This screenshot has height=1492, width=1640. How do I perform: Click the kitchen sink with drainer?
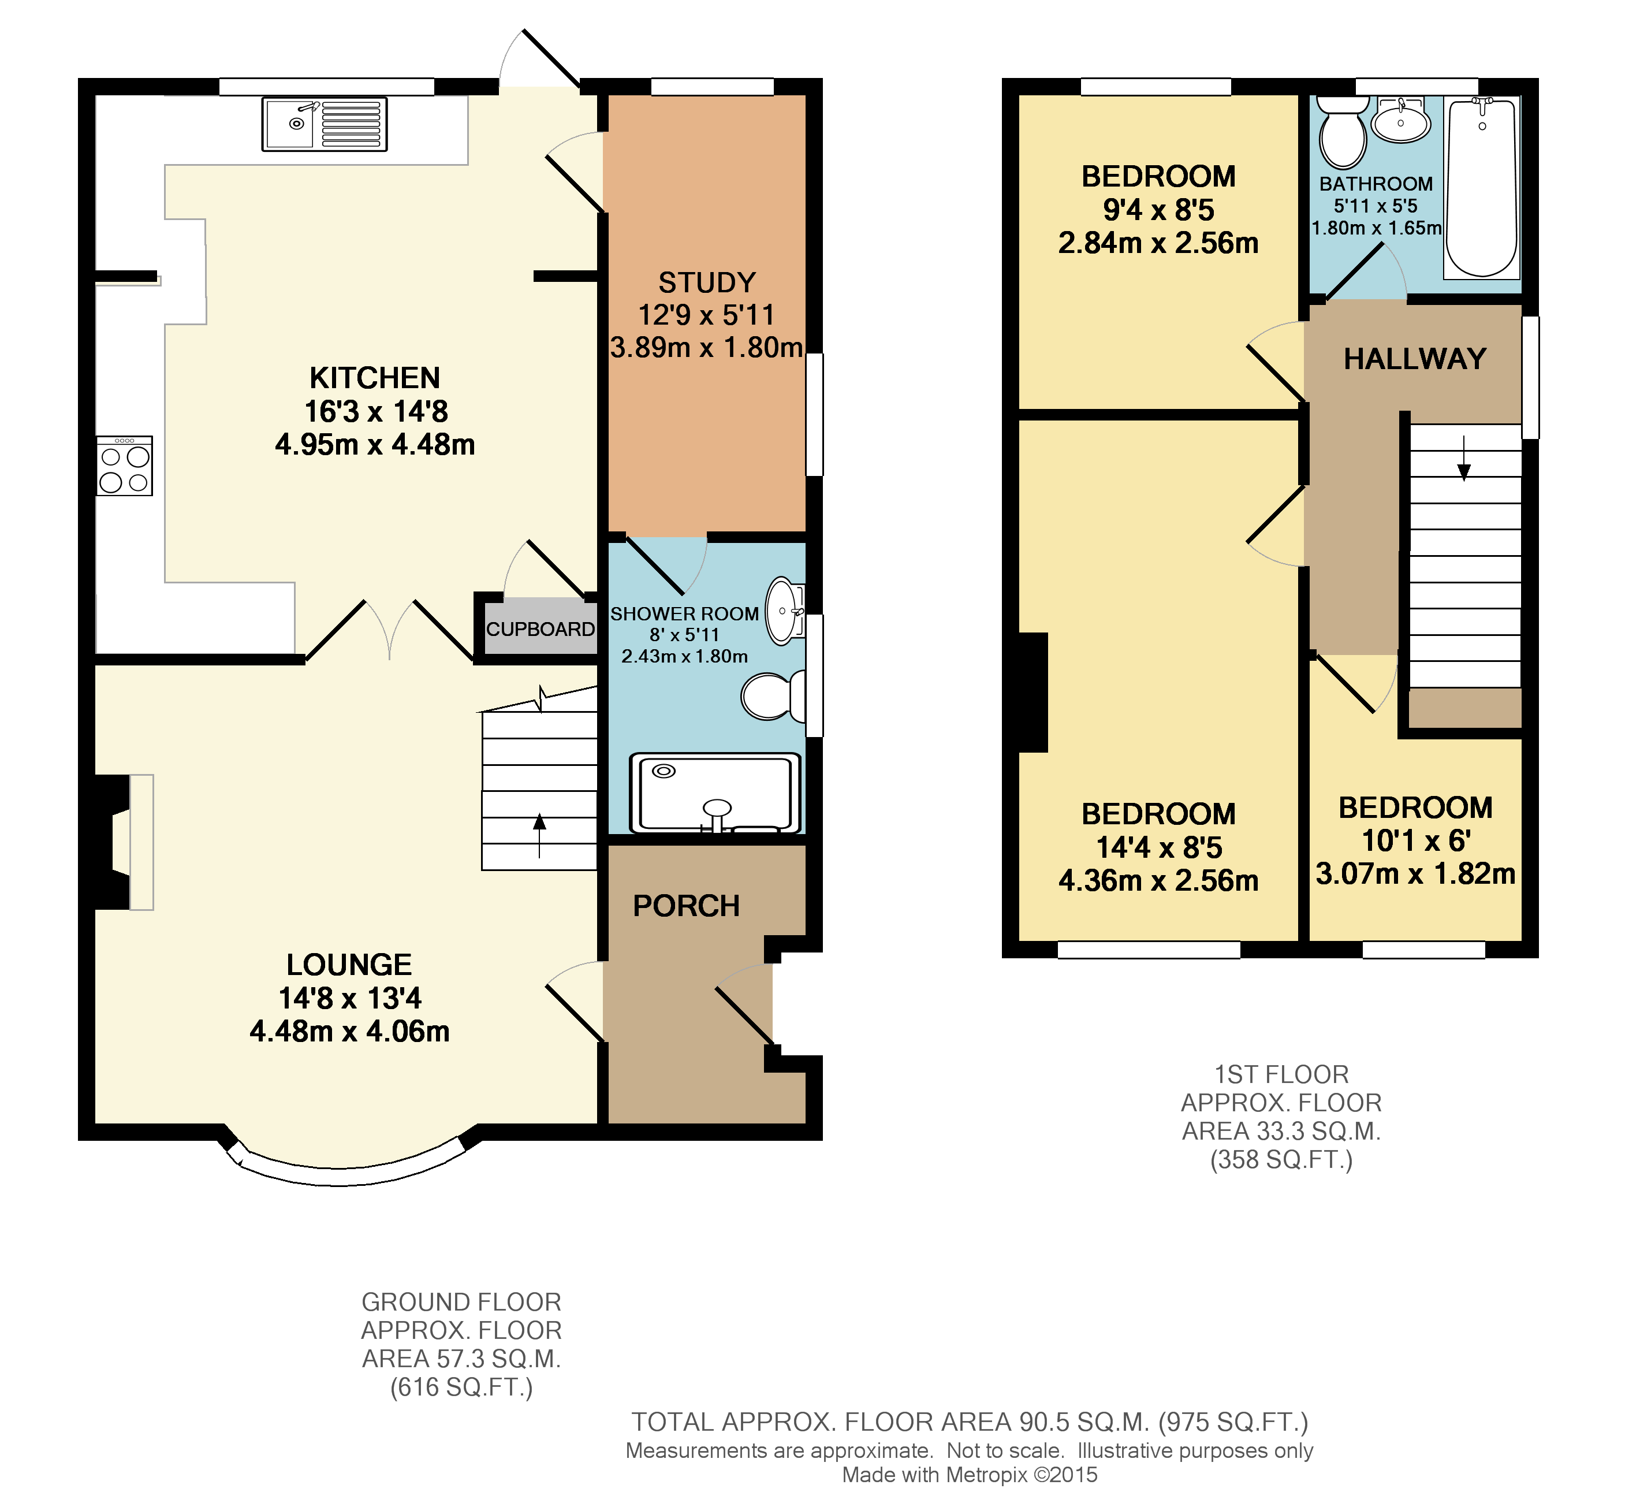pos(325,124)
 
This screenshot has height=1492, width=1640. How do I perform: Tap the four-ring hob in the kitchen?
pos(125,467)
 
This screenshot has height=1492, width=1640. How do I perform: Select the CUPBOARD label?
pos(540,630)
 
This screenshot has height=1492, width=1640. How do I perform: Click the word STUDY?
pos(707,283)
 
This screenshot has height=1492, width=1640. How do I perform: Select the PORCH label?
pos(686,906)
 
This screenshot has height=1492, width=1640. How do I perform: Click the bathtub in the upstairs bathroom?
pos(1481,188)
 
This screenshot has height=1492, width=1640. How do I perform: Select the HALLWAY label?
pos(1415,359)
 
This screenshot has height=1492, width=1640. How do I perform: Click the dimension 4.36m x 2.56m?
pos(1158,881)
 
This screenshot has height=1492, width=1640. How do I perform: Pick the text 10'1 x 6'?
pos(1415,841)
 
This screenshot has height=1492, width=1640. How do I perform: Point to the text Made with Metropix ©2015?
pos(969,1475)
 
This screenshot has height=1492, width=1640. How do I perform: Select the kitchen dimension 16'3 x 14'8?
pos(376,412)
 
